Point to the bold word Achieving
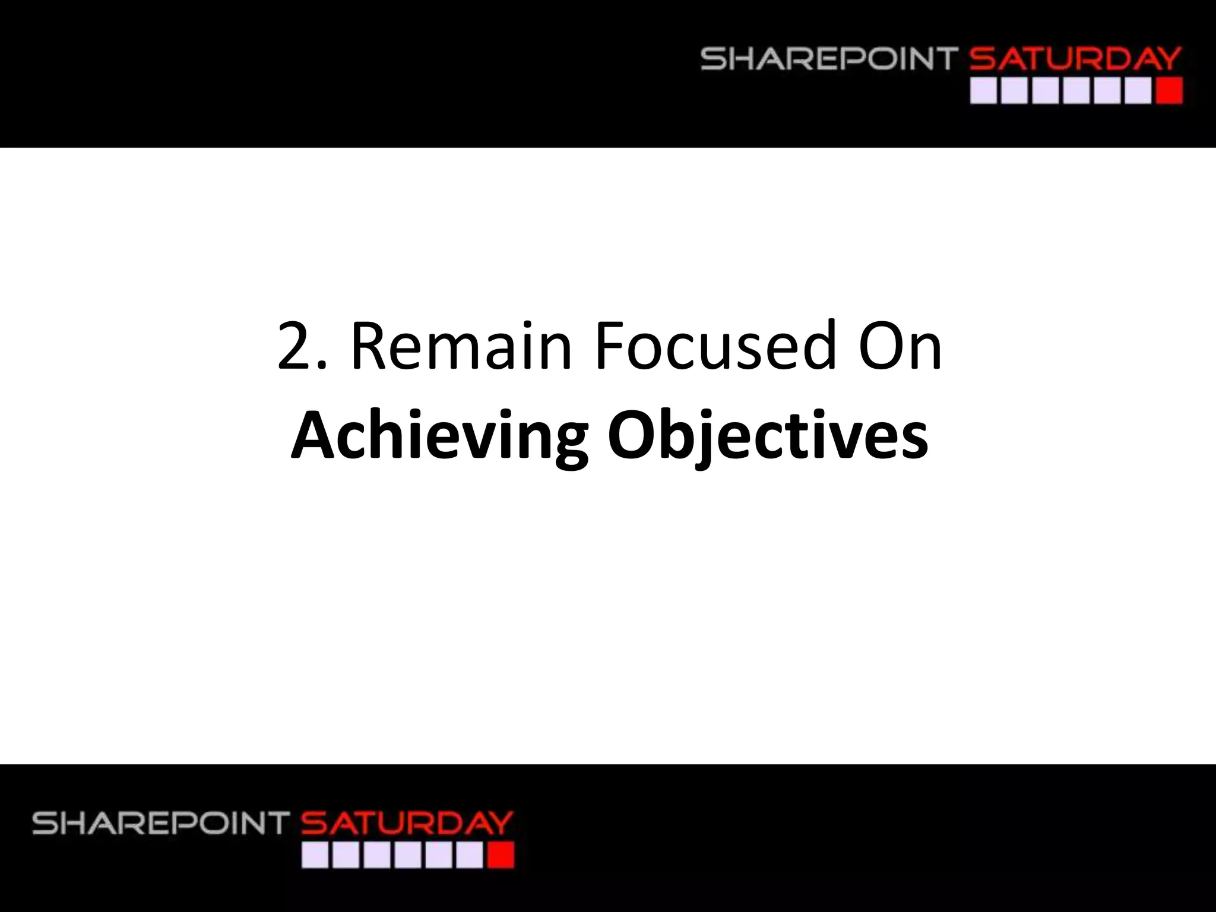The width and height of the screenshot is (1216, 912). [439, 435]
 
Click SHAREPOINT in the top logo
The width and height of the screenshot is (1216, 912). [829, 60]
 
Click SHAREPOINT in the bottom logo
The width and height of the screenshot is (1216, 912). [160, 824]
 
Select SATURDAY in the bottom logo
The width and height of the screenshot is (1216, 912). [407, 824]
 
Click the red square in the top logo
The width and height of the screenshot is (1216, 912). [1170, 92]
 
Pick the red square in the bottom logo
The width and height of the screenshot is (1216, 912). [501, 856]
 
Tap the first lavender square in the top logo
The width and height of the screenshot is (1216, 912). [983, 92]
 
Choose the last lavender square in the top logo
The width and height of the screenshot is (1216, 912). [1138, 92]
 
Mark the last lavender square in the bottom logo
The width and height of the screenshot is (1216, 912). [470, 856]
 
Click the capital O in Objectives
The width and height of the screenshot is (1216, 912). [633, 435]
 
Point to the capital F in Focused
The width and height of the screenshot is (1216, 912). [610, 346]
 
